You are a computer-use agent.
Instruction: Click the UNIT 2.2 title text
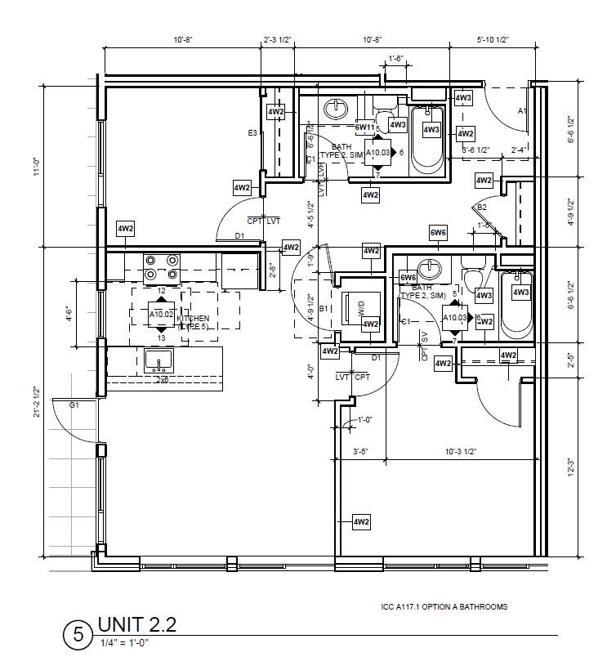pyautogui.click(x=136, y=624)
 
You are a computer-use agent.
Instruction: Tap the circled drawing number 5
pyautogui.click(x=78, y=635)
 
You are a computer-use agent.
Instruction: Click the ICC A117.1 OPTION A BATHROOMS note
pyautogui.click(x=444, y=607)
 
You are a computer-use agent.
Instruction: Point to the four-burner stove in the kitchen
pyautogui.click(x=162, y=267)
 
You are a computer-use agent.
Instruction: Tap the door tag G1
pyautogui.click(x=74, y=404)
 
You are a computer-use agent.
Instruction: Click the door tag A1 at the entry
pyautogui.click(x=521, y=109)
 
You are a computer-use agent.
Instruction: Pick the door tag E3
pyautogui.click(x=253, y=133)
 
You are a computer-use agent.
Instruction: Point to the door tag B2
pyautogui.click(x=482, y=208)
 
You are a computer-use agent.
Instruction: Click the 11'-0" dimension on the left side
pyautogui.click(x=37, y=167)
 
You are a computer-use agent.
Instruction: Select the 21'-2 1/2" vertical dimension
pyautogui.click(x=37, y=403)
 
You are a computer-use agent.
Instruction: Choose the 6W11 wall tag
pyautogui.click(x=364, y=127)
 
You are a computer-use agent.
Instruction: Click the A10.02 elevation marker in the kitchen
pyautogui.click(x=161, y=313)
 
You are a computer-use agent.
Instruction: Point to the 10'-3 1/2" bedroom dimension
pyautogui.click(x=460, y=451)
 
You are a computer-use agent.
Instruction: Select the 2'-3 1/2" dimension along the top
pyautogui.click(x=278, y=40)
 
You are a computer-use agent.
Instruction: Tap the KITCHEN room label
pyautogui.click(x=194, y=319)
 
